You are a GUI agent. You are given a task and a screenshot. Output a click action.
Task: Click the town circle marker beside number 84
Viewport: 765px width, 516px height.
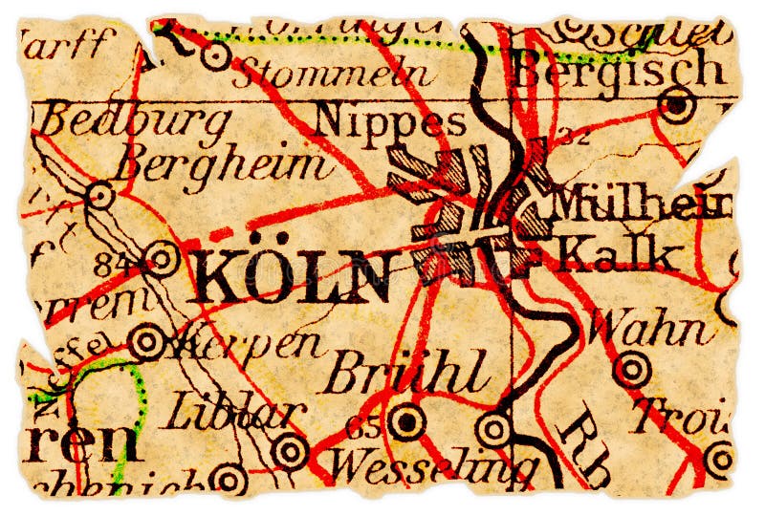click(x=163, y=258)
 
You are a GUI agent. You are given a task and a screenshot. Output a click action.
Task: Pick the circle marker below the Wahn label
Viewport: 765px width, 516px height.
click(x=632, y=368)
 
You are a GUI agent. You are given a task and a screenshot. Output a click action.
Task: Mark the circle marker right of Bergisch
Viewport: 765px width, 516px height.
click(x=677, y=105)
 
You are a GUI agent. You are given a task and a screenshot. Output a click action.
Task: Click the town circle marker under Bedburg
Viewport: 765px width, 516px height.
click(x=99, y=196)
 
